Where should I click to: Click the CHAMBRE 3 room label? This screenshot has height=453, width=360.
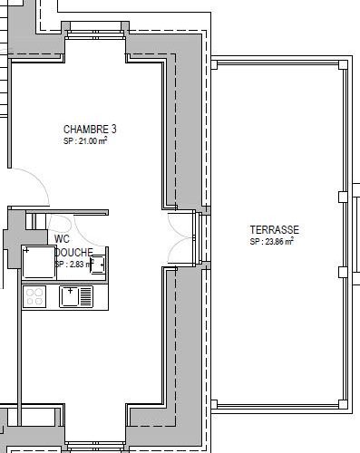(x=90, y=130)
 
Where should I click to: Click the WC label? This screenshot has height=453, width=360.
(x=63, y=239)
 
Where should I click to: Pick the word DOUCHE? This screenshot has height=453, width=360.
(x=74, y=252)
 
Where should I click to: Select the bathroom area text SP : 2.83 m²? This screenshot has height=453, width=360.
(x=75, y=264)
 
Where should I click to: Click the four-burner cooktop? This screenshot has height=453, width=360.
(x=35, y=295)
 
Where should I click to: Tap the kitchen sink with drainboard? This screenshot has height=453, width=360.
(x=76, y=295)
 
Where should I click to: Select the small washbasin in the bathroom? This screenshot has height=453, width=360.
(x=99, y=265)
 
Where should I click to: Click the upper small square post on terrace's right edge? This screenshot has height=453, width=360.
(x=342, y=197)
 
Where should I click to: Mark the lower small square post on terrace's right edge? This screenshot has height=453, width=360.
(x=342, y=272)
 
